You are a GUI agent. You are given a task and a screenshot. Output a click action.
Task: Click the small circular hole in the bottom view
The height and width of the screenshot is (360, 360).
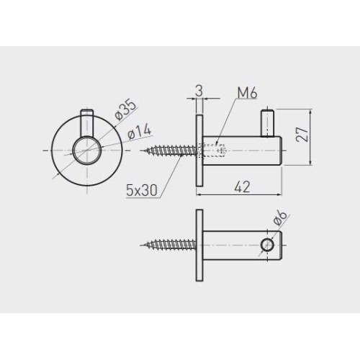point(268,245)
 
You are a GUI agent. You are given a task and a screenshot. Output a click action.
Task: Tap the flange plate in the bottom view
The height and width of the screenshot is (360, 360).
point(198,245)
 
